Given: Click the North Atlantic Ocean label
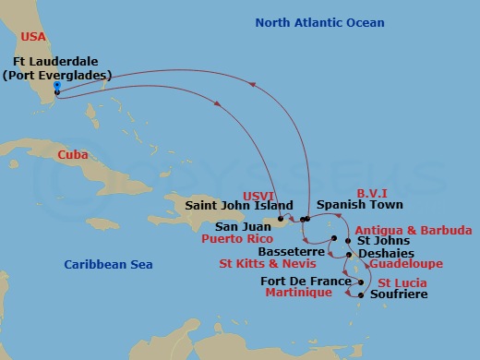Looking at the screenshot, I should [x=319, y=22].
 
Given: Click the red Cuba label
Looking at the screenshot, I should [x=72, y=155].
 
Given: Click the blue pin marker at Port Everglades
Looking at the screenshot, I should [x=57, y=86].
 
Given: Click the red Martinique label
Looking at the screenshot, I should [x=297, y=294].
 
